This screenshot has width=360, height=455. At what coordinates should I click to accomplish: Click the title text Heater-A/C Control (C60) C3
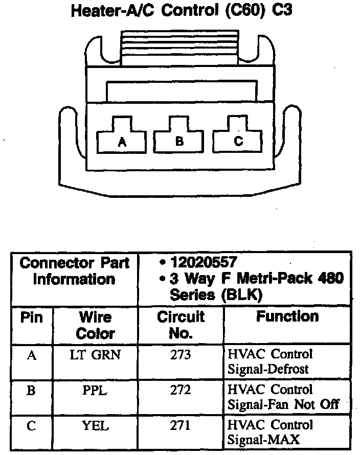tap(181, 11)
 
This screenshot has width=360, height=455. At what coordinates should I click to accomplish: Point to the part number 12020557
tap(205, 262)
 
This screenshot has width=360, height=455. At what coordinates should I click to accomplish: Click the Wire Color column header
tap(95, 325)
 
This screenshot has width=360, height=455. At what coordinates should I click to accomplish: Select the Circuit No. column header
tap(181, 325)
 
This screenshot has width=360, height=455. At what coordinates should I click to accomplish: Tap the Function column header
tap(287, 317)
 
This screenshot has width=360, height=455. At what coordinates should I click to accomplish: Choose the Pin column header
tap(32, 317)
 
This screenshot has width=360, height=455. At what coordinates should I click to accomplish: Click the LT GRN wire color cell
tap(95, 354)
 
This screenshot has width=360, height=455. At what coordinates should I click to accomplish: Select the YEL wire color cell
tap(95, 426)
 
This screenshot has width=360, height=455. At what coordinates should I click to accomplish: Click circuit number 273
tap(181, 354)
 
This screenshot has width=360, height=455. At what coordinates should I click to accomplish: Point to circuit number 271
tap(181, 426)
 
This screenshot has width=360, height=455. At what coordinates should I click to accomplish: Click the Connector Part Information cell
tap(75, 271)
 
